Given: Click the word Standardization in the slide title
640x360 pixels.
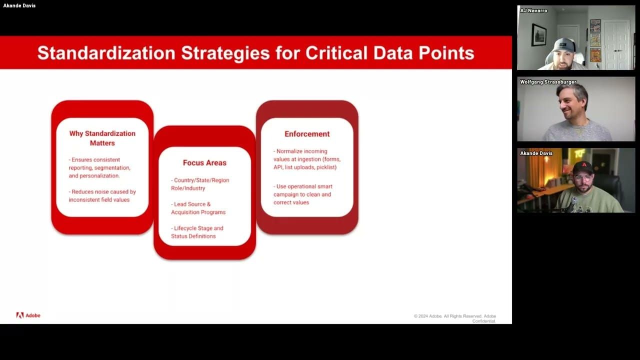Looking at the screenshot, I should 106,53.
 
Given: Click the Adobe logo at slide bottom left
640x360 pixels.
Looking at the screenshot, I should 28,315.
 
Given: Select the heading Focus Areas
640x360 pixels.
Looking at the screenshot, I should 204,162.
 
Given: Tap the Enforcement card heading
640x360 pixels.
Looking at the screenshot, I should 307,134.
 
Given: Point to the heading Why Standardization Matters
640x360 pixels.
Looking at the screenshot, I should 102,138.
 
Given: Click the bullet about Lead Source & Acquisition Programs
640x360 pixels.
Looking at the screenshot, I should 198,208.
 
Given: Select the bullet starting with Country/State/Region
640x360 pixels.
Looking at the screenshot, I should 200,184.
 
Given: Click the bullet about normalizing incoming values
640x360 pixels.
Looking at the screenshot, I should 306,159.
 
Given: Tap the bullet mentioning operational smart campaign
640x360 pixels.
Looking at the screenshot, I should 303,194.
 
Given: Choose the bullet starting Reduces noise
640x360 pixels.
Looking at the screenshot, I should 102,195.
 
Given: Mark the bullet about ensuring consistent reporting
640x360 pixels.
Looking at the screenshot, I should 99,168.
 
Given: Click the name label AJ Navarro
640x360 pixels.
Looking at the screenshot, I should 533,10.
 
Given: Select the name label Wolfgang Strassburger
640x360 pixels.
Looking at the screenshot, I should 548,82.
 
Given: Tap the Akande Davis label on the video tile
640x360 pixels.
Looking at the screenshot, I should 536,153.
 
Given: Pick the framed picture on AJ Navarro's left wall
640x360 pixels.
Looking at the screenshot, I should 538,34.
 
